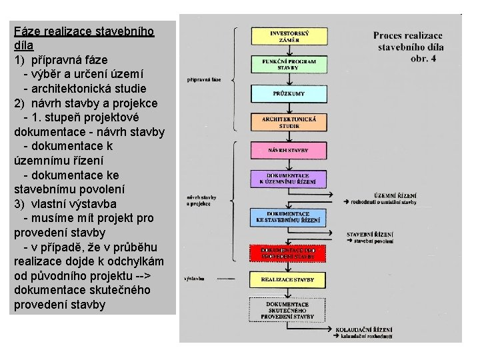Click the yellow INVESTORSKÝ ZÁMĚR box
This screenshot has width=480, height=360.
click(x=289, y=36)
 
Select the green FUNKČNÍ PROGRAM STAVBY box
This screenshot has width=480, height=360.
click(x=289, y=64)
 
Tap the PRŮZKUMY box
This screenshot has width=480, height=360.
click(x=289, y=93)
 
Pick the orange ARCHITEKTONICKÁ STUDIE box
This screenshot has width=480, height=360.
click(x=289, y=122)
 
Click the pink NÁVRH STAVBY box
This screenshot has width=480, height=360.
click(x=289, y=150)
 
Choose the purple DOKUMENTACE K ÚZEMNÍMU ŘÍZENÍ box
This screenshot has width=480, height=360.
click(x=289, y=179)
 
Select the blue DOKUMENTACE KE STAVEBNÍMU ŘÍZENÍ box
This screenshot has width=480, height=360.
click(x=289, y=217)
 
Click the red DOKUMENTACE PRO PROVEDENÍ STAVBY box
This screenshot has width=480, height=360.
click(x=289, y=253)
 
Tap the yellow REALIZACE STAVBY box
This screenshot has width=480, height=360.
click(x=289, y=279)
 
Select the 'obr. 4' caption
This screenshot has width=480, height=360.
click(x=423, y=59)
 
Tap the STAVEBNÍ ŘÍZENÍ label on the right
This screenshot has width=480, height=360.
click(x=370, y=235)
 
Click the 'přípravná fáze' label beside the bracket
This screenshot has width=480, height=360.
click(x=207, y=79)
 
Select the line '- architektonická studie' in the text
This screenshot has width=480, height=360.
click(x=85, y=88)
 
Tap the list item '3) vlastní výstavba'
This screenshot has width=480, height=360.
click(x=65, y=203)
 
